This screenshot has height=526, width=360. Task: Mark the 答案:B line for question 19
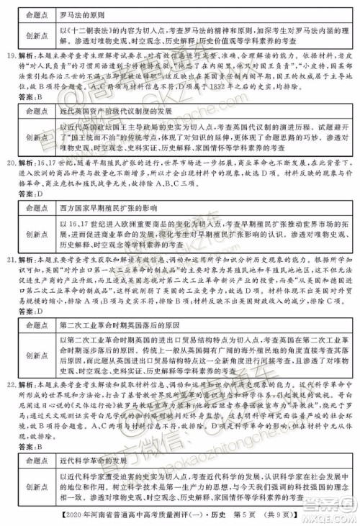tap(31, 96)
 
